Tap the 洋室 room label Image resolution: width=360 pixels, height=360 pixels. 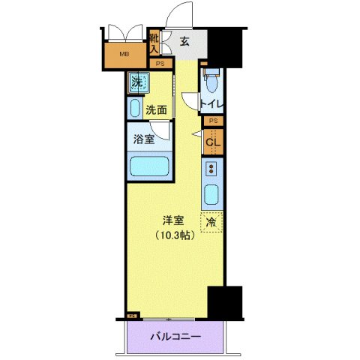coord(175,220)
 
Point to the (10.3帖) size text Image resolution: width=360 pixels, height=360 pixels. coord(175,235)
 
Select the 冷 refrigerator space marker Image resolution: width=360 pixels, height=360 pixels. coord(211,222)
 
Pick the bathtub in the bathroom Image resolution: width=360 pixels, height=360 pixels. coord(148,166)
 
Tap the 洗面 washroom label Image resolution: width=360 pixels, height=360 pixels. coord(156,109)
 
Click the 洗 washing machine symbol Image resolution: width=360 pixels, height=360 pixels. coord(137,82)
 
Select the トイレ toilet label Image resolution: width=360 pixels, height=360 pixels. coord(212,104)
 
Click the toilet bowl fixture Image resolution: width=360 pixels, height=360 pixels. coord(211,79)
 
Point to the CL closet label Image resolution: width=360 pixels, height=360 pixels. coord(212,140)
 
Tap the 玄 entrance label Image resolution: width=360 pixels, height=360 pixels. coord(184,42)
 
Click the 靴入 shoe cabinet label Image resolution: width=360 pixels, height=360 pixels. coord(154,43)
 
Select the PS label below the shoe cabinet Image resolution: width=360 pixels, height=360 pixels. coord(160,64)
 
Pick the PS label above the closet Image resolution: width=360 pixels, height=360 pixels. coord(213,121)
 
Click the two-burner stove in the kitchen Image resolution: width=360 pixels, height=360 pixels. coord(211,168)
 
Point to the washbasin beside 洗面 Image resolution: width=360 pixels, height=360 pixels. coord(134,109)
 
